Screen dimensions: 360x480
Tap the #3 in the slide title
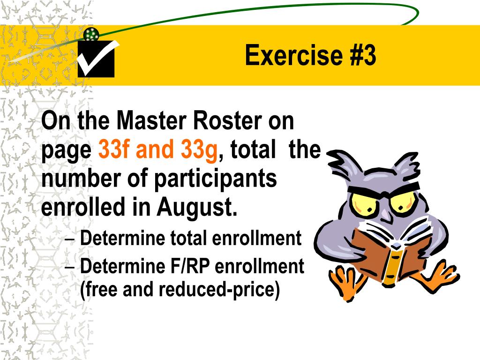(362, 56)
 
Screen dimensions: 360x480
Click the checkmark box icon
(96, 59)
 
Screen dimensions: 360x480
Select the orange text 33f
(113, 150)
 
